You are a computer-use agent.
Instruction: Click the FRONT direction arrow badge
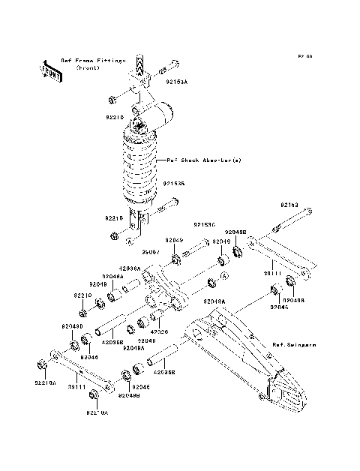(52, 70)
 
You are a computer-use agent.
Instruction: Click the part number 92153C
(203, 224)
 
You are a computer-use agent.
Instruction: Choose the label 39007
(151, 253)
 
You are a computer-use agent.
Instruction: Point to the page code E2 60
(304, 56)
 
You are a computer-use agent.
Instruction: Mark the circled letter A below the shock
(129, 241)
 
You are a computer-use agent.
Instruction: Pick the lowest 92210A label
(97, 412)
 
